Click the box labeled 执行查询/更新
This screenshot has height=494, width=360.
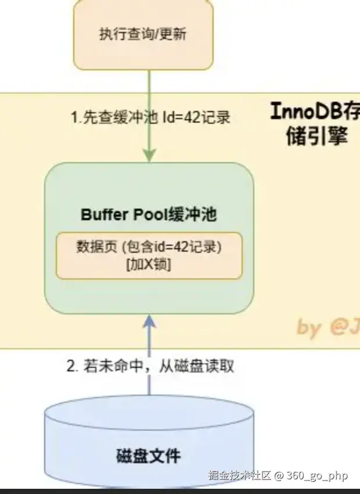coord(143,34)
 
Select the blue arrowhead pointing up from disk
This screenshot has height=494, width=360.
coord(149,321)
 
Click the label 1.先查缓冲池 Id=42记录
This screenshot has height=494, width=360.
coord(150,117)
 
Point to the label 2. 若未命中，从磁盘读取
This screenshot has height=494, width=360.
coord(150,367)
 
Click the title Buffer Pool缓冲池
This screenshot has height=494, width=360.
coord(149,214)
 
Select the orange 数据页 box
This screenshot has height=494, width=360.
coord(149,255)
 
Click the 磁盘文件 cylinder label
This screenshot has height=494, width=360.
coord(149,454)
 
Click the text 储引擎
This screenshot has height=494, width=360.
coord(316,137)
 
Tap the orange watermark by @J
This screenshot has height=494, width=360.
coord(327,328)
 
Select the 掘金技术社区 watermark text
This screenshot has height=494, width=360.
coord(240,475)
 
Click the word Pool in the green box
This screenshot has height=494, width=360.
coord(151,214)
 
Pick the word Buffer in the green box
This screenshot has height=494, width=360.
coord(106,214)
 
